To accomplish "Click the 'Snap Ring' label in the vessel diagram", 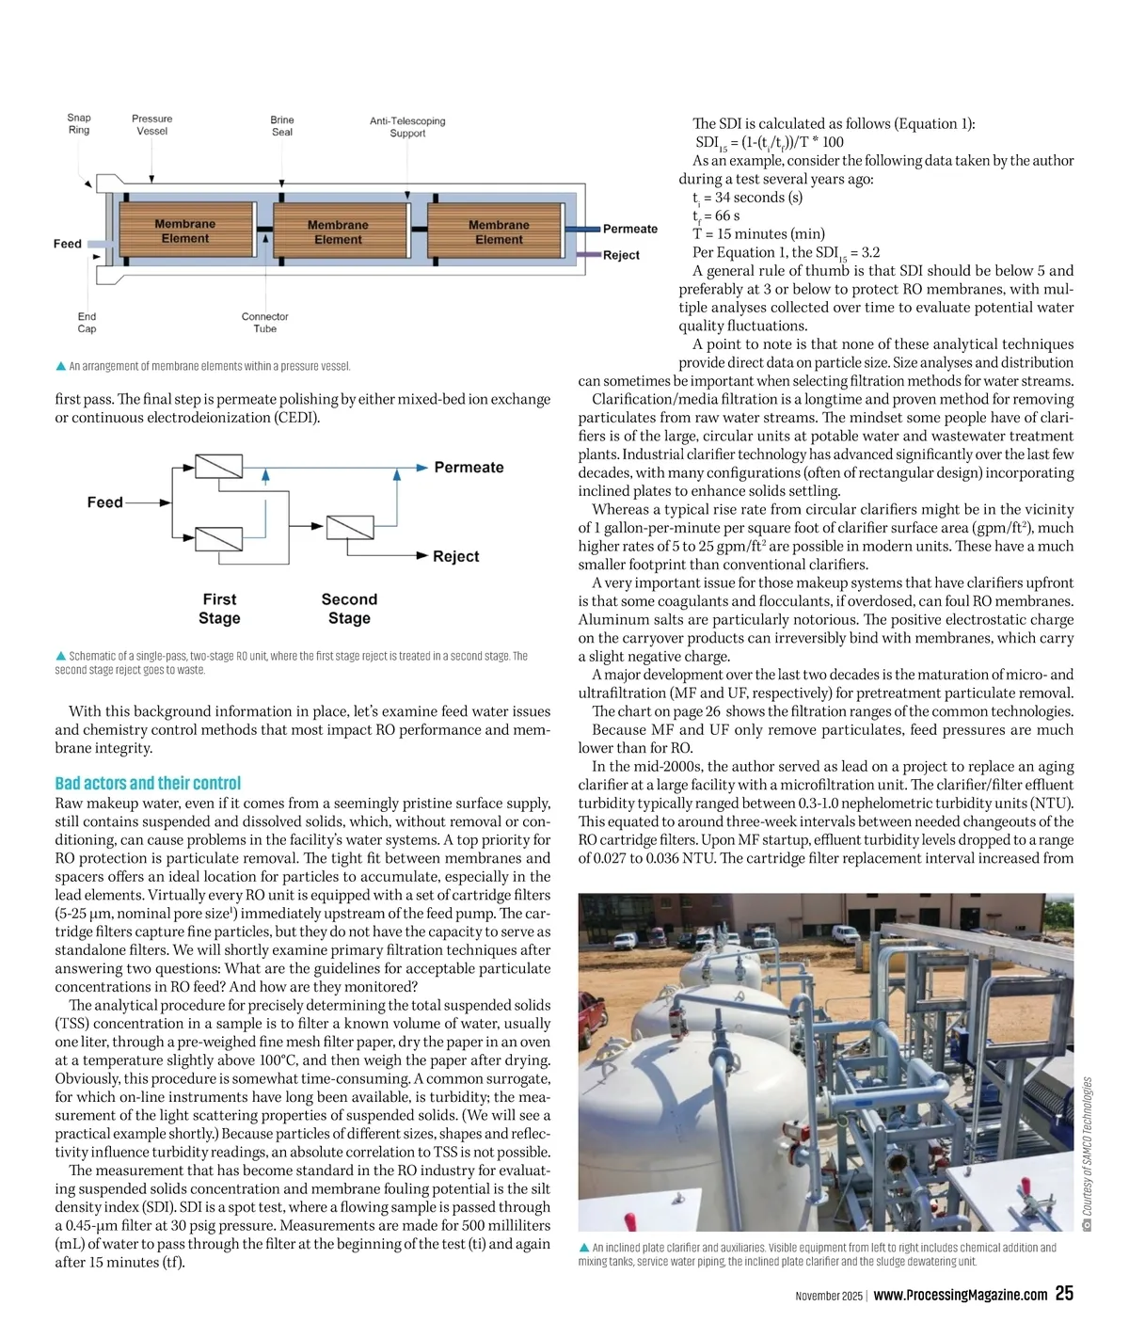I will [x=79, y=124].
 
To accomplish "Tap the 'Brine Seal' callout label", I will [x=282, y=126].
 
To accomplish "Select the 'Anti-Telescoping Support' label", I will [x=407, y=127].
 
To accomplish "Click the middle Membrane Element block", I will [x=338, y=231].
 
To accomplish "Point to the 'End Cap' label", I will [x=87, y=323].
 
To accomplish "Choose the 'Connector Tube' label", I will [x=264, y=323].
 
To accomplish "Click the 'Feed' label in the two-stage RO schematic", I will [x=104, y=502].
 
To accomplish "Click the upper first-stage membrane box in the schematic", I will [x=218, y=467].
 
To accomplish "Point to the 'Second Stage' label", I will [x=349, y=609].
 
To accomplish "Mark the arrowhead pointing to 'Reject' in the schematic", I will [x=422, y=556].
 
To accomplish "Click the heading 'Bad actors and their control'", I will [x=148, y=783].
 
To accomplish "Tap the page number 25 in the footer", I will [x=1064, y=1294].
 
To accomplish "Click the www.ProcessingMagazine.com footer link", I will [x=960, y=1295].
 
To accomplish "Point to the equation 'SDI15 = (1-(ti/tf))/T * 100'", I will [x=769, y=142].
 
